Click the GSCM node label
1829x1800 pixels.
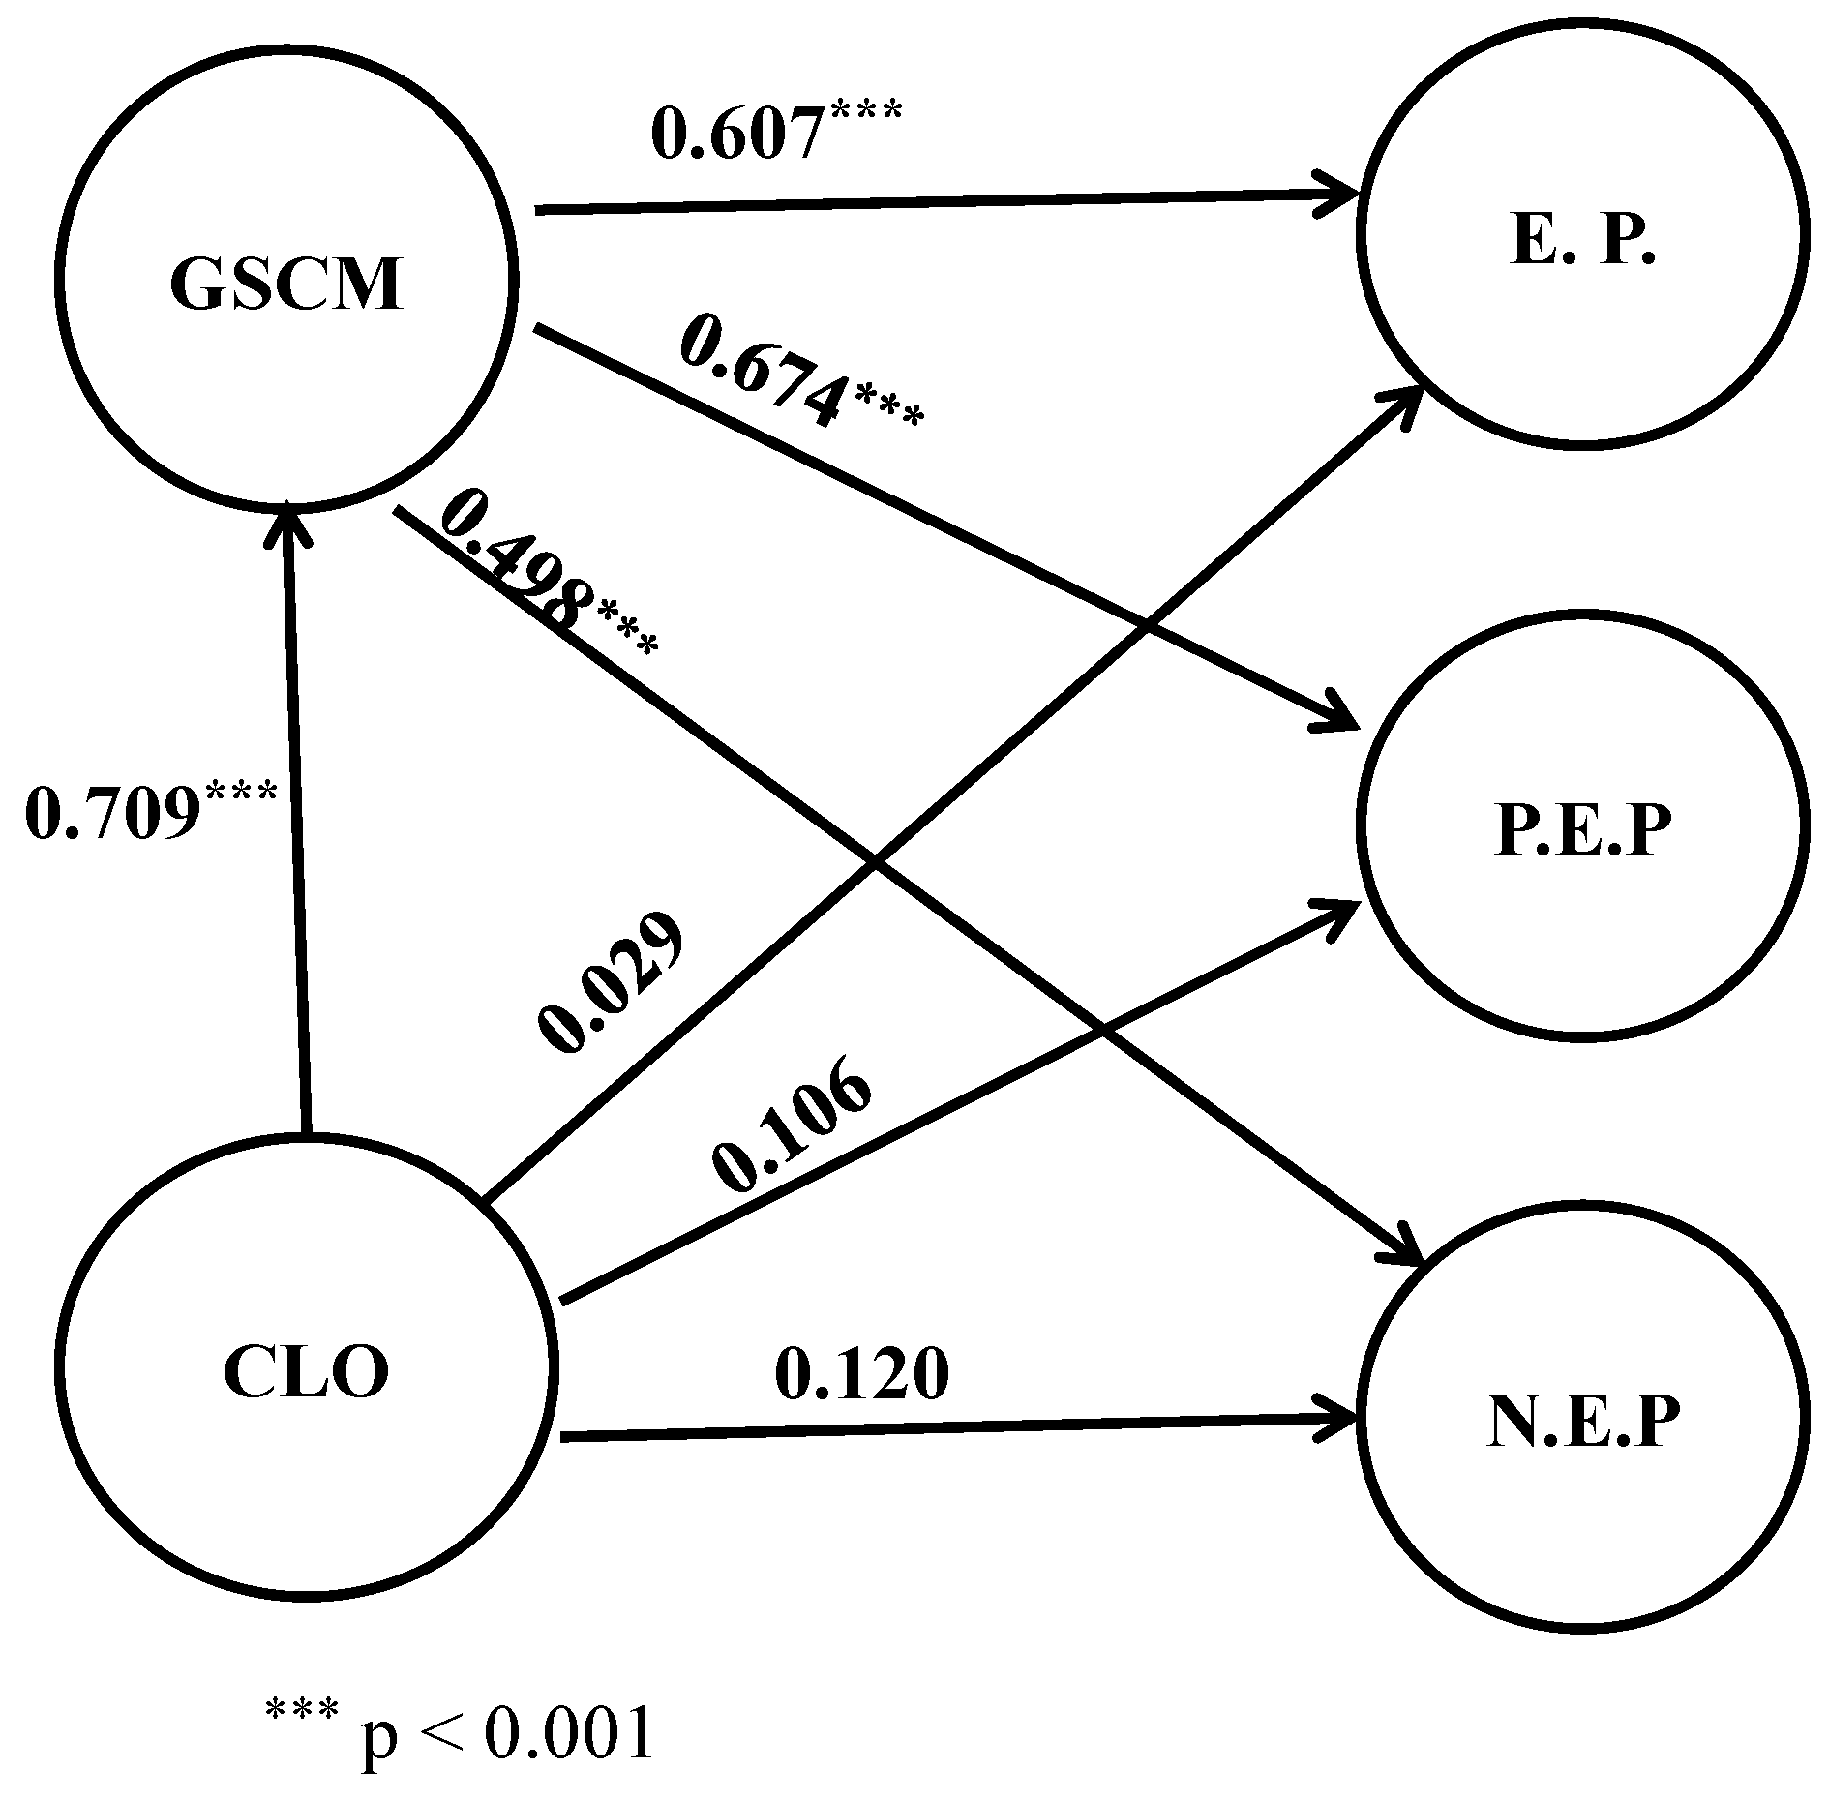(x=286, y=284)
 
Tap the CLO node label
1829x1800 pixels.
(x=306, y=1372)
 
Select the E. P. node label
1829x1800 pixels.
(x=1581, y=242)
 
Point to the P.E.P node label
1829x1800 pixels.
(x=1582, y=830)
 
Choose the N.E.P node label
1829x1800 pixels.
(x=1583, y=1421)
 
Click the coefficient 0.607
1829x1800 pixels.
(x=737, y=134)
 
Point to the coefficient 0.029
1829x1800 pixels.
(x=612, y=981)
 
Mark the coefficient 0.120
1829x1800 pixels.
(x=861, y=1372)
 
